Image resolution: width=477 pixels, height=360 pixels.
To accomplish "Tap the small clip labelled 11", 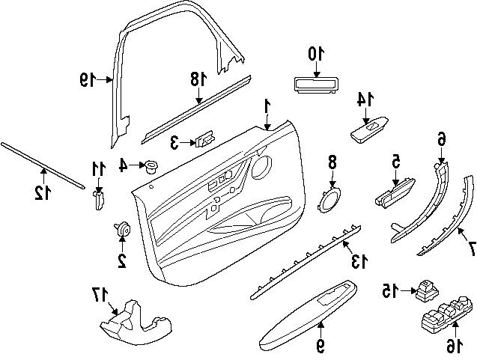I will tap(97, 200).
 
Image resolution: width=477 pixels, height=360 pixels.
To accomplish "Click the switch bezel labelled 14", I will tap(368, 130).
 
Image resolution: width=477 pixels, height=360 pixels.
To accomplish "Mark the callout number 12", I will tap(41, 193).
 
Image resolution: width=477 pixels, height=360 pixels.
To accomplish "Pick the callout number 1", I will tap(267, 108).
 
